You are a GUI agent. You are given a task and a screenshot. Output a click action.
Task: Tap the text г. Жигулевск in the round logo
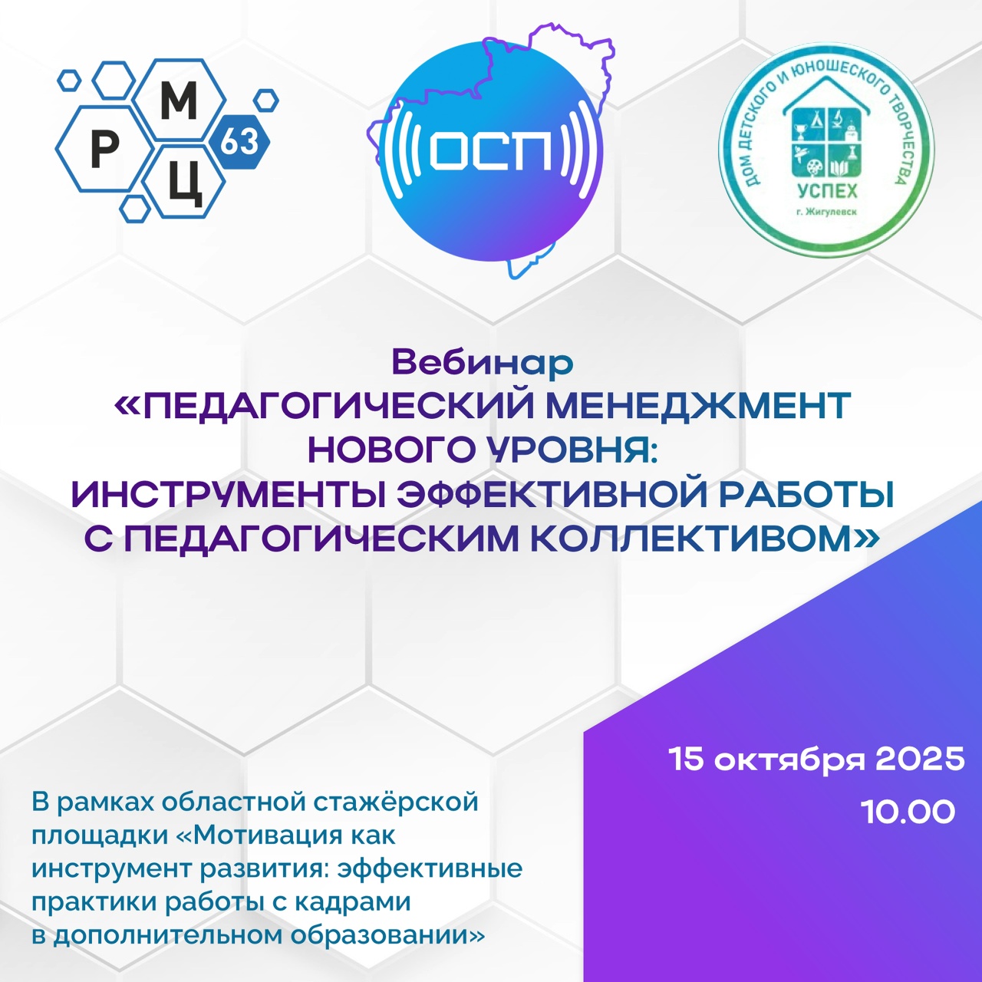826,212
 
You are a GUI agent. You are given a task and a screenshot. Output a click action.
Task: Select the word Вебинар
482,362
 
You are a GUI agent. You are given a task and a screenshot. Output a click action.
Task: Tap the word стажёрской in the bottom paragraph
395,802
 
